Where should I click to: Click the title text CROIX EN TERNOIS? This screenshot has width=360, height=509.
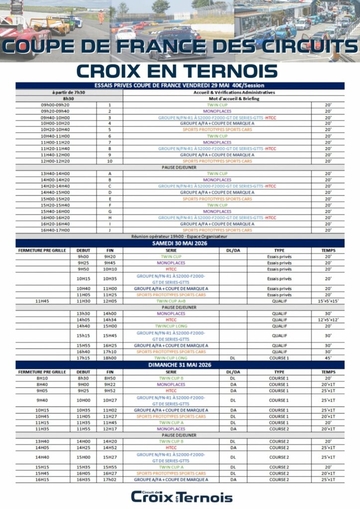[180, 70]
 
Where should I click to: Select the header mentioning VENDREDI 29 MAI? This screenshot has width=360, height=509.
[180, 85]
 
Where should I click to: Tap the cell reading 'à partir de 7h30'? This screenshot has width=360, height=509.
[69, 92]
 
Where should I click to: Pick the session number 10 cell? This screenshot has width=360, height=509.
[109, 161]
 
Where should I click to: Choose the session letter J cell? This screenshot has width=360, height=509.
[109, 230]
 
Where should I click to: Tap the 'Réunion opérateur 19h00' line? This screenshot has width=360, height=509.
[180, 237]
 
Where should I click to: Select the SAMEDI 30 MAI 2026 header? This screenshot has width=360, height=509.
[180, 243]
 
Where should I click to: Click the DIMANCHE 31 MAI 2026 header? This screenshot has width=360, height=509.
[180, 365]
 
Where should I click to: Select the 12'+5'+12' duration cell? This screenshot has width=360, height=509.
[328, 320]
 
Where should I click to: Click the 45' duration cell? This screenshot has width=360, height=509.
[328, 358]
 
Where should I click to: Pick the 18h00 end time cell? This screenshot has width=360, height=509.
[109, 358]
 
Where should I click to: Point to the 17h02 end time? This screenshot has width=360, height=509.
[109, 480]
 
